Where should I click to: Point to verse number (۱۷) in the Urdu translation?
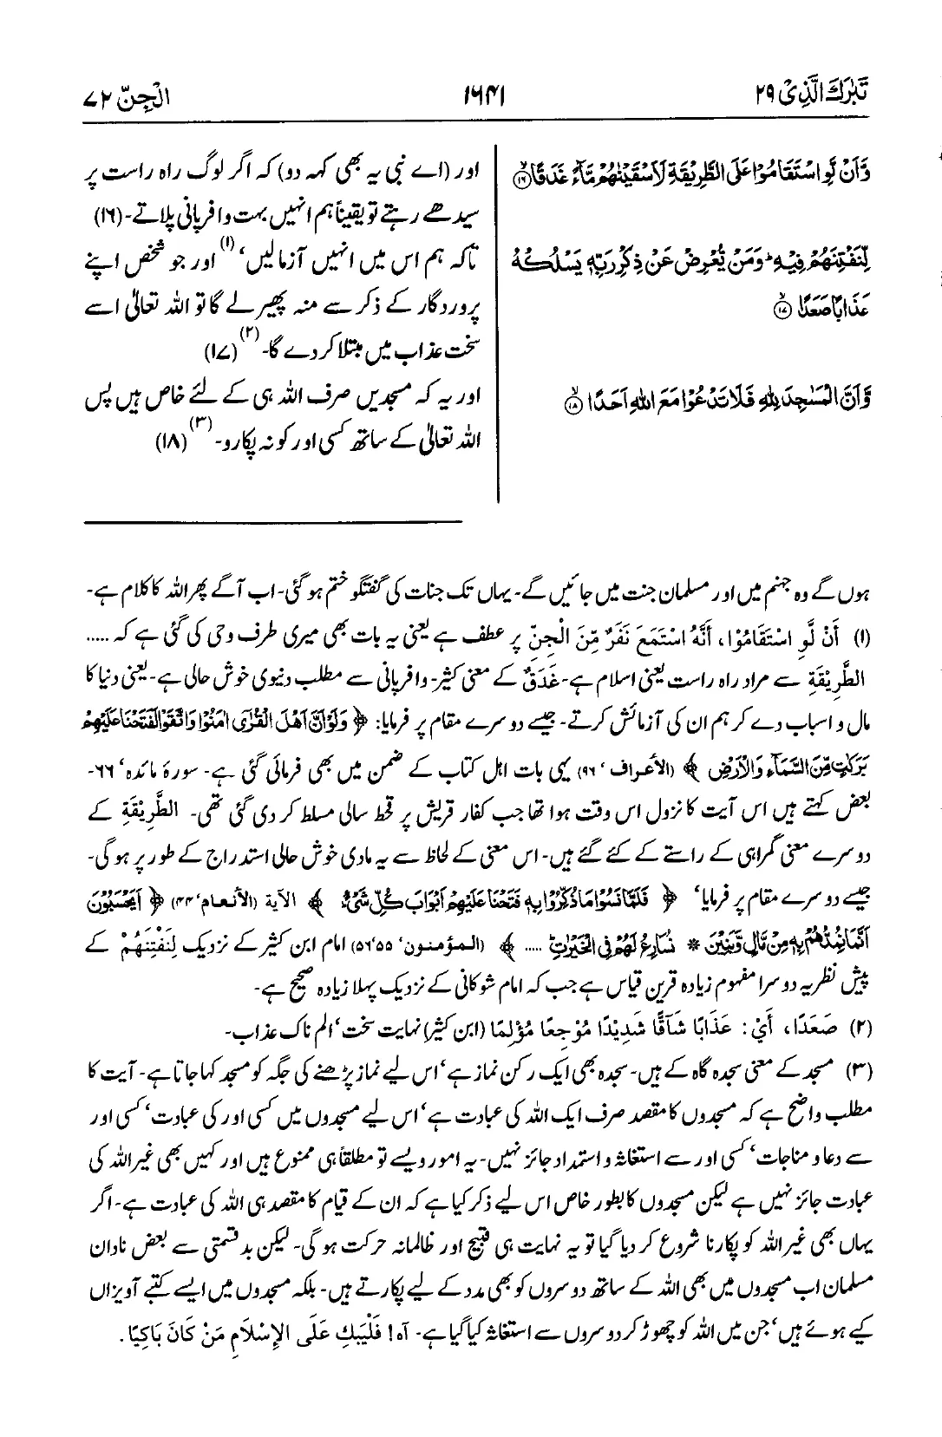coord(212,352)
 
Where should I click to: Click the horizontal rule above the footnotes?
coord(273,520)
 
